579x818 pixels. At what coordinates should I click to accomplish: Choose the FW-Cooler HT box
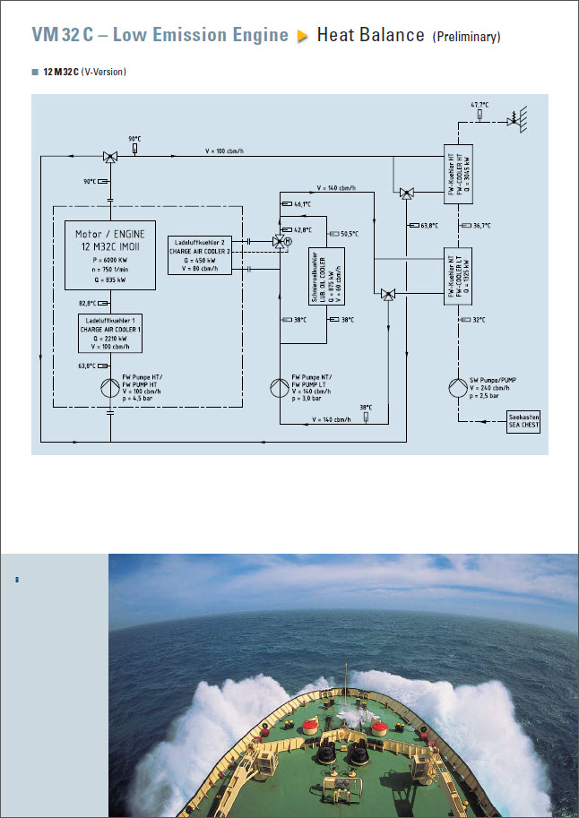[x=458, y=172]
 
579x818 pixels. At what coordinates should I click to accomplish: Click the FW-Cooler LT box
[x=458, y=277]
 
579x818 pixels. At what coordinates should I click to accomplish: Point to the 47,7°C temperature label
[x=480, y=105]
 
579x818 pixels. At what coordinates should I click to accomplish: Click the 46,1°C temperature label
[x=302, y=204]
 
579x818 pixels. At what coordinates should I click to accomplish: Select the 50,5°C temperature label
[x=349, y=234]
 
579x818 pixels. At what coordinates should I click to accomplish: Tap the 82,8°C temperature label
[x=87, y=303]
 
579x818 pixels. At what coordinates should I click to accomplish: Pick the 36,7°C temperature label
[x=482, y=225]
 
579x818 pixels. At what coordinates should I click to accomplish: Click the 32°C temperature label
[x=479, y=320]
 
